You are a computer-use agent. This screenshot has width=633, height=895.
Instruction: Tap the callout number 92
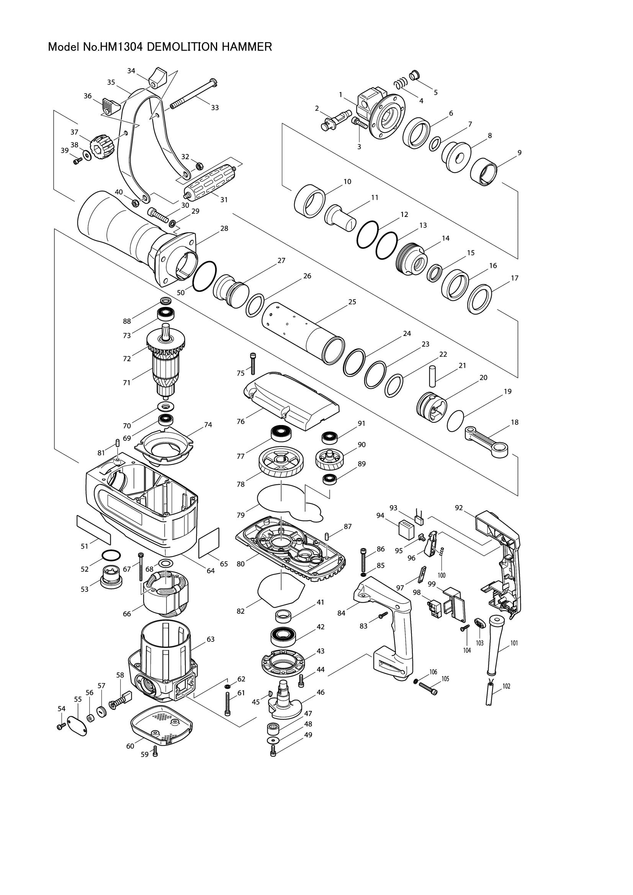click(459, 507)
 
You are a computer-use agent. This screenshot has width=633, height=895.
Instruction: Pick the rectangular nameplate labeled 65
click(209, 543)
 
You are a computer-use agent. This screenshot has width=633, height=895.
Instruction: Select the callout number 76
click(240, 422)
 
